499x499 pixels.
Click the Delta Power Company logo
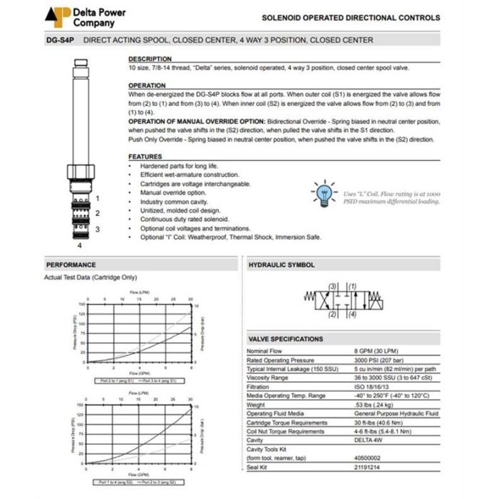pyautogui.click(x=59, y=16)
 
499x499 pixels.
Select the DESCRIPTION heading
pyautogui.click(x=150, y=58)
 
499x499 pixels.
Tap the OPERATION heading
pyautogui.click(x=147, y=86)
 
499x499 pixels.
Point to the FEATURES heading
pyautogui.click(x=145, y=157)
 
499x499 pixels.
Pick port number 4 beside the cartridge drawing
pyautogui.click(x=81, y=245)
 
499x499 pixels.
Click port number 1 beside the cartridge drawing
pyautogui.click(x=98, y=198)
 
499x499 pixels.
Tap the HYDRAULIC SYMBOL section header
pyautogui.click(x=281, y=265)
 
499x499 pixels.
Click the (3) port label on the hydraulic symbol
pyautogui.click(x=333, y=287)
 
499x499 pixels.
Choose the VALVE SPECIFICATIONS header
pyautogui.click(x=285, y=339)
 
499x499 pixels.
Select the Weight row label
pyautogui.click(x=257, y=405)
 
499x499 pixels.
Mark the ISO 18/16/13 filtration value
pyautogui.click(x=373, y=387)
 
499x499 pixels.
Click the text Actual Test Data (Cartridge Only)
pyautogui.click(x=91, y=277)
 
